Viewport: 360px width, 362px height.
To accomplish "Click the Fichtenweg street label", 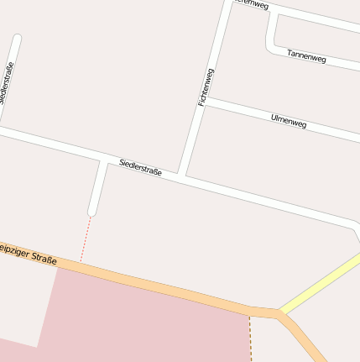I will (206, 87).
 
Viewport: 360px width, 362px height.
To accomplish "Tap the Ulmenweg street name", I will (289, 121).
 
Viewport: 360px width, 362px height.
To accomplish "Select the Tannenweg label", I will (305, 55).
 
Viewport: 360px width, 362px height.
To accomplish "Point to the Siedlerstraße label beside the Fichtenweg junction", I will (140, 166).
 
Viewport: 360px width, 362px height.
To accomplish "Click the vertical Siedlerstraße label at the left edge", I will (7, 83).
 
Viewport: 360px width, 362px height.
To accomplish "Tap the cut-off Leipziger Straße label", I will (28, 254).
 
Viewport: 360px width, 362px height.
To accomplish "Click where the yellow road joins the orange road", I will (282, 314).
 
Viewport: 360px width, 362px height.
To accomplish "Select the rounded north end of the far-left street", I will (17, 39).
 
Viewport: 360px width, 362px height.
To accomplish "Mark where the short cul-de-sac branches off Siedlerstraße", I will (103, 160).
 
